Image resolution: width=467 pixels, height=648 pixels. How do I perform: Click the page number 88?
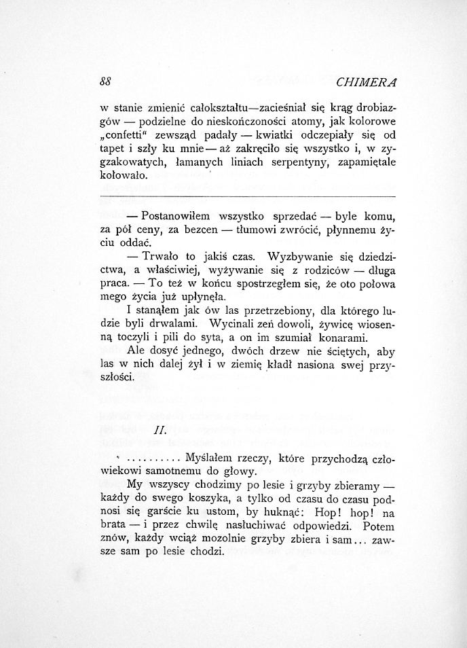105,82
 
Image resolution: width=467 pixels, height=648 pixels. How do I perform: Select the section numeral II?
161,430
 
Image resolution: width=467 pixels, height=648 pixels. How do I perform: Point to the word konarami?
343,338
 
